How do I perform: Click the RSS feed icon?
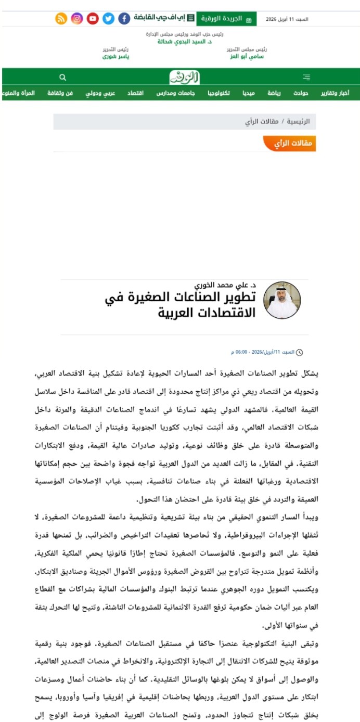tap(61, 19)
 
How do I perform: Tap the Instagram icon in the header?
tap(77, 19)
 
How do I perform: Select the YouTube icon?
tap(93, 19)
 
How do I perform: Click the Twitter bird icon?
tap(108, 19)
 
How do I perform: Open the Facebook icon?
tap(124, 19)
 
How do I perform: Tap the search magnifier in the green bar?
tap(63, 78)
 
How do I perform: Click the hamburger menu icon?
tap(306, 78)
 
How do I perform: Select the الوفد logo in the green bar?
tap(184, 78)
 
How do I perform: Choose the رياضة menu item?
tap(274, 93)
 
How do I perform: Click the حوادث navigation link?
tap(301, 93)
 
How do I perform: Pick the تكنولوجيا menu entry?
tap(219, 93)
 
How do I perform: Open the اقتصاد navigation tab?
tap(136, 93)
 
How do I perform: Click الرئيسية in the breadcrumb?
tap(299, 122)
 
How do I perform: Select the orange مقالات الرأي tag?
tap(290, 144)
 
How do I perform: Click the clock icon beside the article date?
tap(299, 352)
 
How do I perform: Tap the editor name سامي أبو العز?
tap(246, 56)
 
